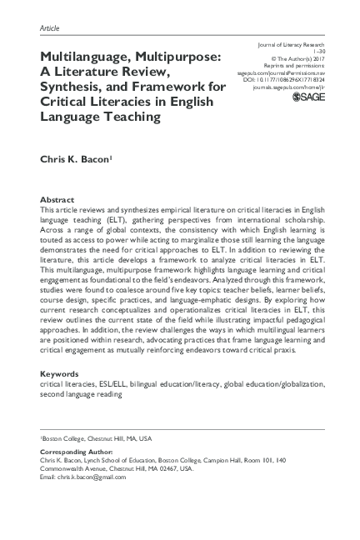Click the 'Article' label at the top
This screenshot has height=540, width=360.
(50, 28)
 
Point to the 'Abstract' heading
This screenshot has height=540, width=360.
(56, 200)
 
